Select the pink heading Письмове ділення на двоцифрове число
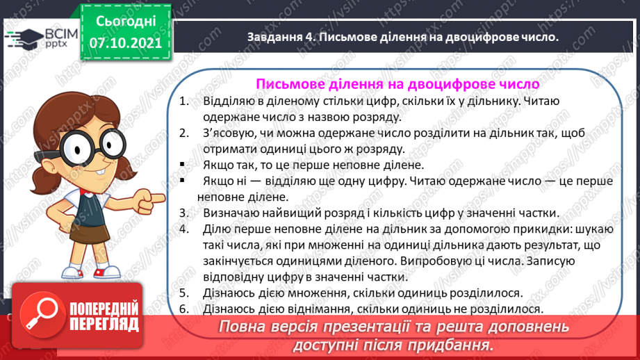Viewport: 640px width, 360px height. tap(397, 84)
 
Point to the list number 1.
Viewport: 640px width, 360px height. tap(183, 101)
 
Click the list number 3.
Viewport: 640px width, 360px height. tap(183, 213)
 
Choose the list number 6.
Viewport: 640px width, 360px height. tap(183, 309)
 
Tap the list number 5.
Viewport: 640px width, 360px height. tap(183, 293)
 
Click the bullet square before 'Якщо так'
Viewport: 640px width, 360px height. tap(182, 165)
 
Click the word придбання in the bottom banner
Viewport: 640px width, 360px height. tap(452, 345)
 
